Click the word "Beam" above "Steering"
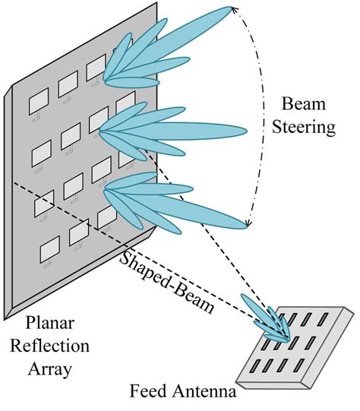pos(300,103)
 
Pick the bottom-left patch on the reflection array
pos(49,248)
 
